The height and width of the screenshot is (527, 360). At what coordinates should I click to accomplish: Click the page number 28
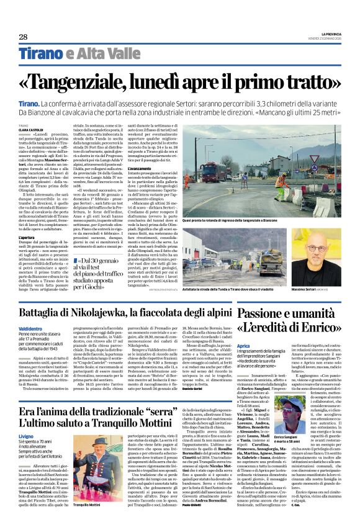coord(22,37)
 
